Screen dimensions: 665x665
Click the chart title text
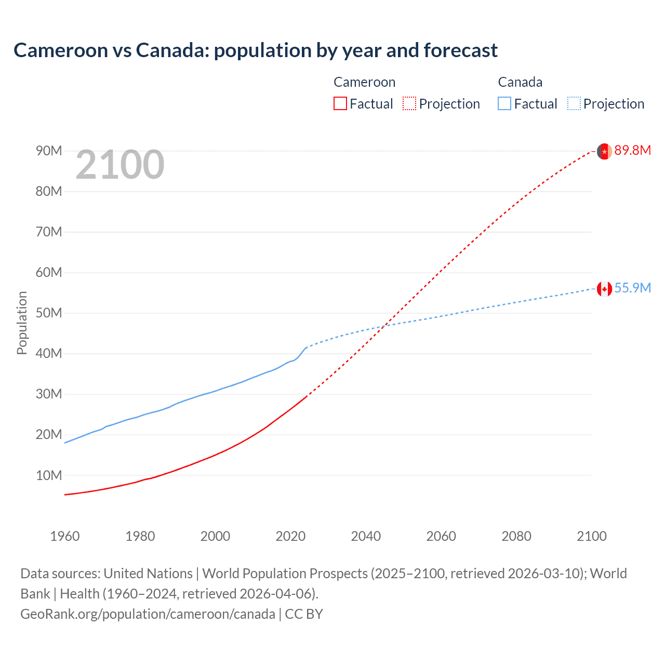(255, 50)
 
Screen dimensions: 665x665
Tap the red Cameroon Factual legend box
(340, 103)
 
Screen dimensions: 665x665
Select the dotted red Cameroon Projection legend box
(409, 103)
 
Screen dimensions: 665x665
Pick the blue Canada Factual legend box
(504, 103)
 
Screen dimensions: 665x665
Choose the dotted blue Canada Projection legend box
(574, 103)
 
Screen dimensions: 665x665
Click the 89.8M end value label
(632, 151)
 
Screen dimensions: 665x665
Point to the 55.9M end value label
(632, 288)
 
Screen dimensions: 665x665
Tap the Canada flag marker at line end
(604, 289)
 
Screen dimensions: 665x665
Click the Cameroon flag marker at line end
(604, 151)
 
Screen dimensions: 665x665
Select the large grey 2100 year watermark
(120, 165)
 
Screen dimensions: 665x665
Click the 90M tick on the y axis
(49, 151)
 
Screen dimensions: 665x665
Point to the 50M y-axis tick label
(49, 313)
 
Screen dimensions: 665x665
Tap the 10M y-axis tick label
(49, 475)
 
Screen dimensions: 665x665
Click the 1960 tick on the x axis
(65, 536)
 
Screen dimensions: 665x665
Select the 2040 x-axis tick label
(366, 536)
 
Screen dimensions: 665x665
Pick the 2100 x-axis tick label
(591, 536)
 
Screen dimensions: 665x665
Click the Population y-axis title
(22, 323)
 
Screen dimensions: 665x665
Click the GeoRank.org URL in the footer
(148, 614)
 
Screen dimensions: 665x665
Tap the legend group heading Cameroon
(364, 82)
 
